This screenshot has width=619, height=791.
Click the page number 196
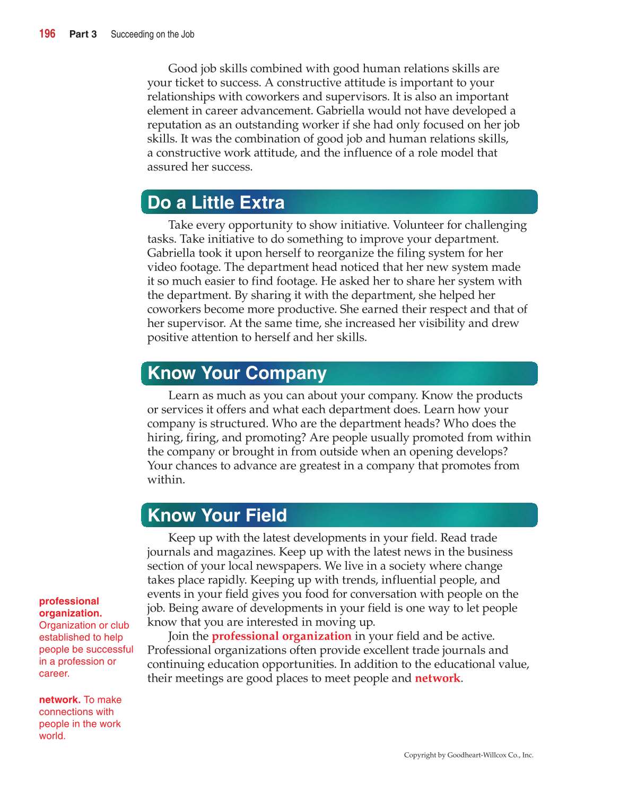click(47, 34)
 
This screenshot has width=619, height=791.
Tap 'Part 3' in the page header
click(83, 35)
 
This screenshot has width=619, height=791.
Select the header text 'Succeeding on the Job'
click(152, 35)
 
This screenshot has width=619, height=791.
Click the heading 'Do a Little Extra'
click(216, 203)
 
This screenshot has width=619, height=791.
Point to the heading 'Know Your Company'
click(237, 373)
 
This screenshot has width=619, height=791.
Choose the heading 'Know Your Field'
click(217, 515)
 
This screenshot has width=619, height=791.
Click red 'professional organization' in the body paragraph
click(281, 636)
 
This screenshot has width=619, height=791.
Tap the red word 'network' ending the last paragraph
click(437, 678)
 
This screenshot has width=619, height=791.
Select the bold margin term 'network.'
click(59, 700)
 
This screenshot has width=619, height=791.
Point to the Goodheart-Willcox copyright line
click(468, 755)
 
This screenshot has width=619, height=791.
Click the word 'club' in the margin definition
click(120, 625)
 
